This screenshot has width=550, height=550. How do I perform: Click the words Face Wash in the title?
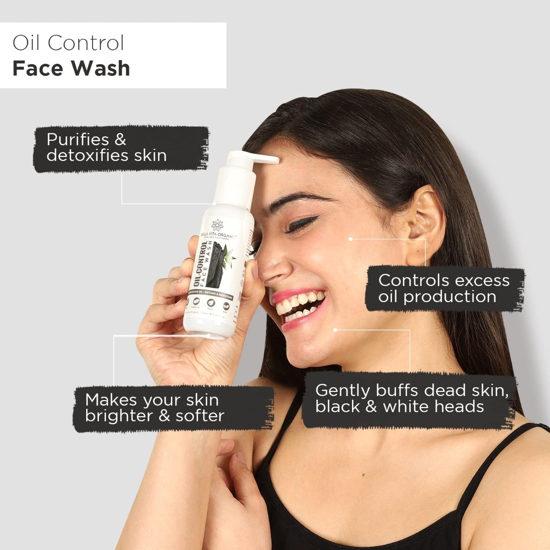tap(71, 68)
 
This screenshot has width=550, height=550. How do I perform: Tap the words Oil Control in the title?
tap(68, 43)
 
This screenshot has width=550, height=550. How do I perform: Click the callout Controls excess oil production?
tap(444, 288)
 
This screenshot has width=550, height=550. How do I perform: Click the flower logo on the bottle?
tap(217, 226)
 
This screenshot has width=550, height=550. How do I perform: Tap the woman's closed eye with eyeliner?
tap(300, 225)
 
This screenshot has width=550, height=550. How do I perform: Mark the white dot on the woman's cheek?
tap(351, 239)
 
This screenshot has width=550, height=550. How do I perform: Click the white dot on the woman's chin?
tap(335, 330)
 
